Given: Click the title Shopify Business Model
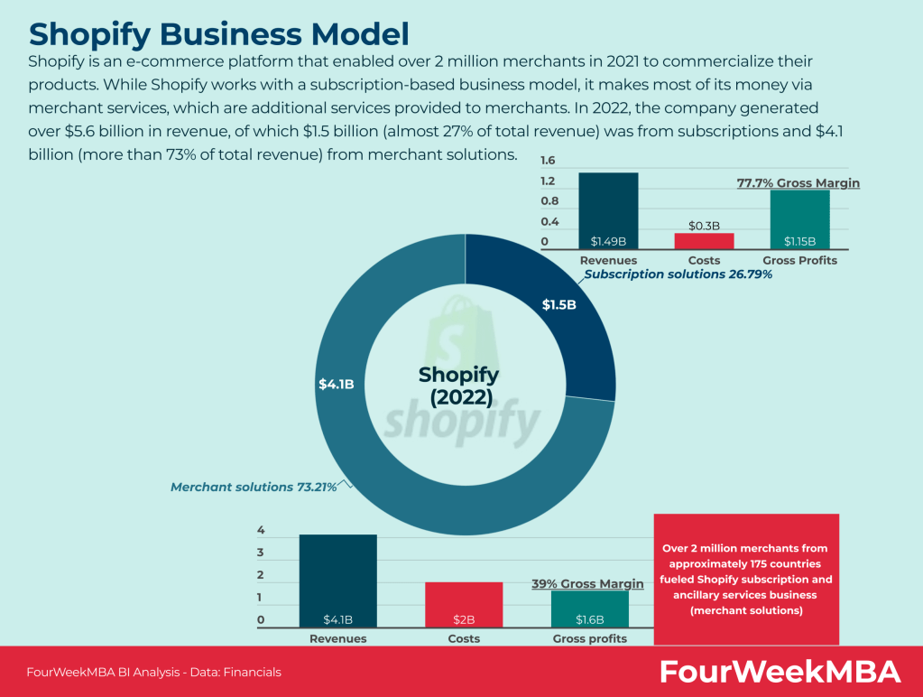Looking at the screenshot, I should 219,33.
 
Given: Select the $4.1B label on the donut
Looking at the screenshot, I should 336,384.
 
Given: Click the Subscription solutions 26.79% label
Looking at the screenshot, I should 678,274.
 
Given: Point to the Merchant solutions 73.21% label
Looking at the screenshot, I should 254,487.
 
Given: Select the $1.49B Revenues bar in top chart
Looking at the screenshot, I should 608,211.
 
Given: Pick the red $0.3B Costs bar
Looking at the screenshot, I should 704,241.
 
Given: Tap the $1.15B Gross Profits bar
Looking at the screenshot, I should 799,219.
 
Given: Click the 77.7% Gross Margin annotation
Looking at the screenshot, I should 798,183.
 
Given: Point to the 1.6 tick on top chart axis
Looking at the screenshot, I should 549,161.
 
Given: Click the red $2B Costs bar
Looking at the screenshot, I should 464,604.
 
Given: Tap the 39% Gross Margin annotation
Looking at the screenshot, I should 587,584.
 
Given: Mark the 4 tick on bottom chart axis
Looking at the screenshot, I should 261,530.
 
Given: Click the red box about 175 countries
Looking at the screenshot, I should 745,579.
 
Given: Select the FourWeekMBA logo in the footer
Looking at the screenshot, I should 780,672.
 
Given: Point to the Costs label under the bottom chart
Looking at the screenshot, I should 464,638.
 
